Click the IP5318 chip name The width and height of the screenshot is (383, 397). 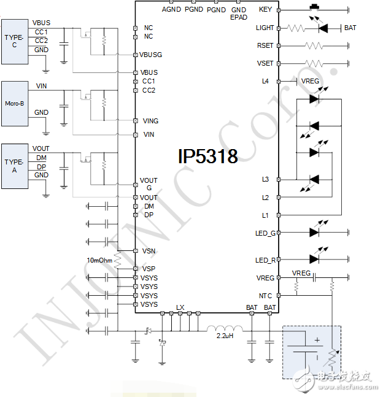[207, 156]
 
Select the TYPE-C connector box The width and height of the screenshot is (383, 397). [14, 41]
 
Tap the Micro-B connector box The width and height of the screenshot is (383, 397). [14, 104]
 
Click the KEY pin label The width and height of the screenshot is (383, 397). [265, 9]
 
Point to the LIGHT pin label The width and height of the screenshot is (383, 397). [265, 28]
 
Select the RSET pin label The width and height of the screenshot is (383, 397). [265, 46]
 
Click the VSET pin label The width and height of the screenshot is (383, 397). [265, 64]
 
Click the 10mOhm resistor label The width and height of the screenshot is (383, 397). [99, 260]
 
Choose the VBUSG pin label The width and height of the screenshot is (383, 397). [150, 55]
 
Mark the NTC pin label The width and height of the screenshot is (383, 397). [266, 296]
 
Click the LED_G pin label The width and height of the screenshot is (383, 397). [265, 233]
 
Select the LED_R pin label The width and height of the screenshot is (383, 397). [265, 260]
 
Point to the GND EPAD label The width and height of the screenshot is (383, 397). [239, 13]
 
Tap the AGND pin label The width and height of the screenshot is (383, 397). [171, 9]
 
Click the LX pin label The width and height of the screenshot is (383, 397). [180, 307]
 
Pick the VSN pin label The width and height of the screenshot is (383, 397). [149, 251]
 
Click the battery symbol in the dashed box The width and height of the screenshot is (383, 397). [305, 349]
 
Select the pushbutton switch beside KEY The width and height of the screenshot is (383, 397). [317, 7]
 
